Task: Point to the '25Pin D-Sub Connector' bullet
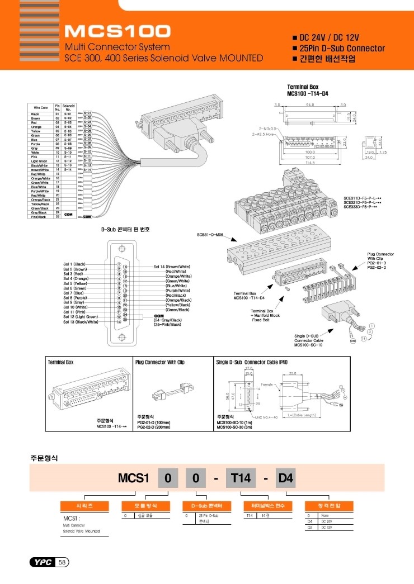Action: (x=342, y=48)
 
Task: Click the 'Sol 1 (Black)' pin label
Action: (x=74, y=264)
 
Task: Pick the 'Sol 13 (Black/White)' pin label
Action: (x=79, y=322)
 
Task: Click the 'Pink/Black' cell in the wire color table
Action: (x=40, y=216)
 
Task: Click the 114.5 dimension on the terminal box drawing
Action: (x=307, y=163)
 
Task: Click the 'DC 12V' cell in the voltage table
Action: (x=327, y=526)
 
